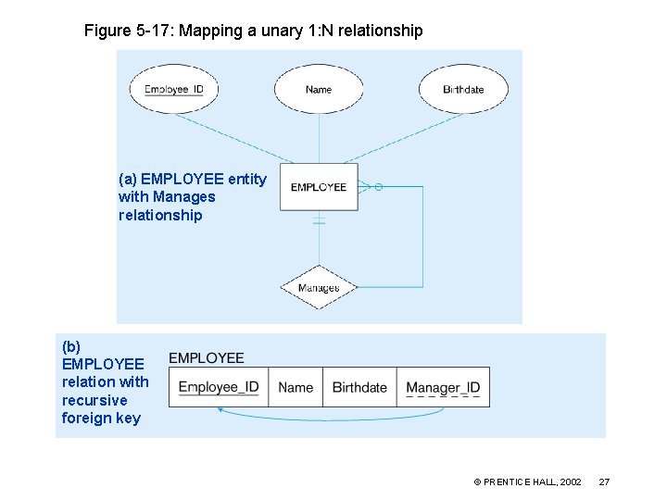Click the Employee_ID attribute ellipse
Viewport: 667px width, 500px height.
point(180,90)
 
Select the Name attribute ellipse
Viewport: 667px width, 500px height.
point(319,90)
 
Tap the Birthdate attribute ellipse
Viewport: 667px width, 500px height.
point(463,90)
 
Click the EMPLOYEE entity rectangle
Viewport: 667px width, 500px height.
point(319,187)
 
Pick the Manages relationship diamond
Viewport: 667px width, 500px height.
point(319,287)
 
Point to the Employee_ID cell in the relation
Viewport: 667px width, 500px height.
point(219,387)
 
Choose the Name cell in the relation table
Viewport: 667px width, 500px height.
point(296,387)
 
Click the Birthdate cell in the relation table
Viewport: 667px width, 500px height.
point(359,387)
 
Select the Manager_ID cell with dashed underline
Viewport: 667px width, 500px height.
point(443,387)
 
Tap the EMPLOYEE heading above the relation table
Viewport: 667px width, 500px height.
point(207,358)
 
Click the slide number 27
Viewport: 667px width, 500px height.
point(604,482)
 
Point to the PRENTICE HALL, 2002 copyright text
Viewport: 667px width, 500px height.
point(527,482)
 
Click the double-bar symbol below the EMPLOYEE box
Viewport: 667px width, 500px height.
point(319,221)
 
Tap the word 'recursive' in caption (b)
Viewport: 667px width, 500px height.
point(94,400)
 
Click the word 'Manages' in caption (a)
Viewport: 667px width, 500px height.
point(183,196)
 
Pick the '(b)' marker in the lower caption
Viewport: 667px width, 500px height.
point(71,346)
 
